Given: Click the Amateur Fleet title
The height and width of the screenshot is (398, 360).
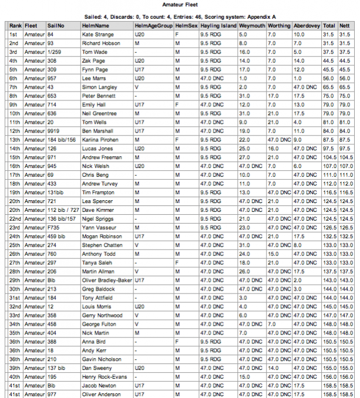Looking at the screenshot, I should coord(180,4).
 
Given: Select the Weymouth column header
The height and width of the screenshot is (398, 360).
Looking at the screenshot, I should coord(251,26).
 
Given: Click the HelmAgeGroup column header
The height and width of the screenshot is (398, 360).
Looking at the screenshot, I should coord(153,26).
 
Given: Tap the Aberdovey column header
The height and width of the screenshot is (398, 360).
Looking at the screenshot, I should coord(307,26).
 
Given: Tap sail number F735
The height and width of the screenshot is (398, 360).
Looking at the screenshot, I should coord(54,227).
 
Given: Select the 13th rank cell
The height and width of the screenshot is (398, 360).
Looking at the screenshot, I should coord(14,140).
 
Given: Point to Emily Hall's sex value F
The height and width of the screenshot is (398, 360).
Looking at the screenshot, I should coord(177,104).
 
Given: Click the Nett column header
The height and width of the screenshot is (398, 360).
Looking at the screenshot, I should coord(345,26).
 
